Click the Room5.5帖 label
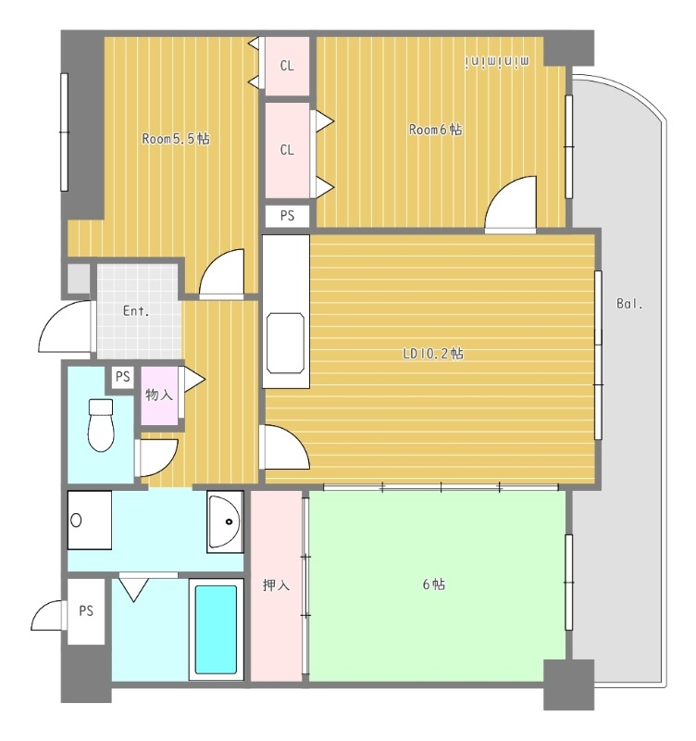tap(176, 138)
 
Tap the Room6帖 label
tap(435, 129)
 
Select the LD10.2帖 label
tap(433, 353)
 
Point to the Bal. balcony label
tap(629, 304)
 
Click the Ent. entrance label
tap(136, 311)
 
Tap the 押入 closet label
tap(276, 585)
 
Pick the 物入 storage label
tap(158, 395)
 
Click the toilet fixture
tap(101, 425)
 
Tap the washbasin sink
tap(225, 521)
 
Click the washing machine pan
tap(90, 520)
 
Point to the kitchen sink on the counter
tap(285, 343)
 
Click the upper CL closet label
tap(287, 66)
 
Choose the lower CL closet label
tap(287, 150)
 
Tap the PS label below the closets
tap(287, 216)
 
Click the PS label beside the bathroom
tap(86, 610)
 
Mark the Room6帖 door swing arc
tap(501, 188)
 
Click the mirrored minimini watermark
tap(498, 62)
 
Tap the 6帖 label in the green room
tap(433, 584)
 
